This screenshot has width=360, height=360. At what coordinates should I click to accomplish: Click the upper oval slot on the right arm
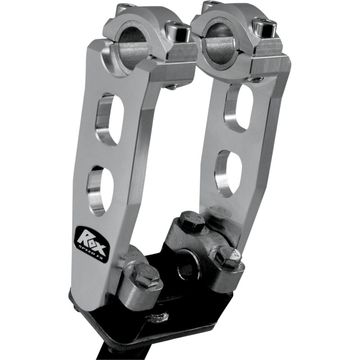click(x=238, y=108)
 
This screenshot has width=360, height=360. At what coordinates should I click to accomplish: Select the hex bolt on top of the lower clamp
click(x=188, y=221)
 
